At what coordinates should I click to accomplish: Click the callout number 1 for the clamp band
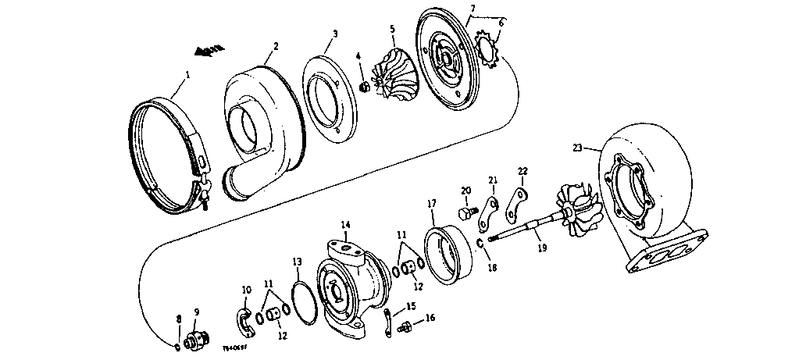coord(186,77)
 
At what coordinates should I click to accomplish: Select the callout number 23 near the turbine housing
coord(578,148)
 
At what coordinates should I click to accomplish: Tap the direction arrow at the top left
coord(209,52)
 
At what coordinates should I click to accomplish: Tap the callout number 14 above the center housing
coord(345,224)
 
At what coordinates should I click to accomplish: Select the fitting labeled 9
coord(195,340)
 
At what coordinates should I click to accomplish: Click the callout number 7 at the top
coord(473,9)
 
